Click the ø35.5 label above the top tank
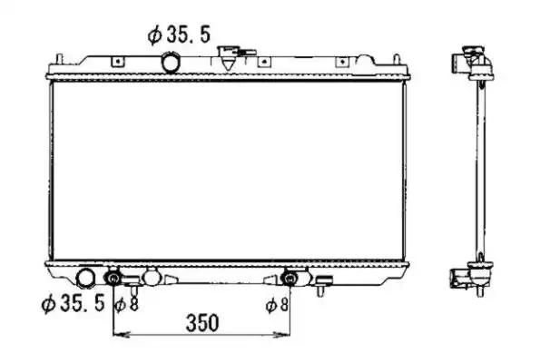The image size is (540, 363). pos(179,34)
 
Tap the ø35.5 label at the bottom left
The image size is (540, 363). pos(73,303)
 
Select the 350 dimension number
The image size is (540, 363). pos(202,323)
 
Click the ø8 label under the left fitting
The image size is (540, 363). pos(126,304)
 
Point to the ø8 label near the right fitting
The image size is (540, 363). pos(277,304)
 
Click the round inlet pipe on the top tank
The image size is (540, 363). pos(171,62)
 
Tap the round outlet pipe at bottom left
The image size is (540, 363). pos(84,279)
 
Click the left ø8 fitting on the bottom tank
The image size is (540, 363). pos(113,279)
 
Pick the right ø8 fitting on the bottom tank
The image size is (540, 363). pos(290,279)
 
